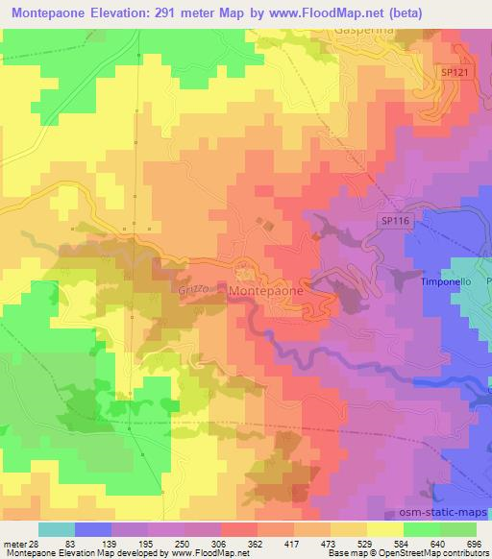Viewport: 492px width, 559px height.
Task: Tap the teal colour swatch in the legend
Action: click(x=56, y=529)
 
